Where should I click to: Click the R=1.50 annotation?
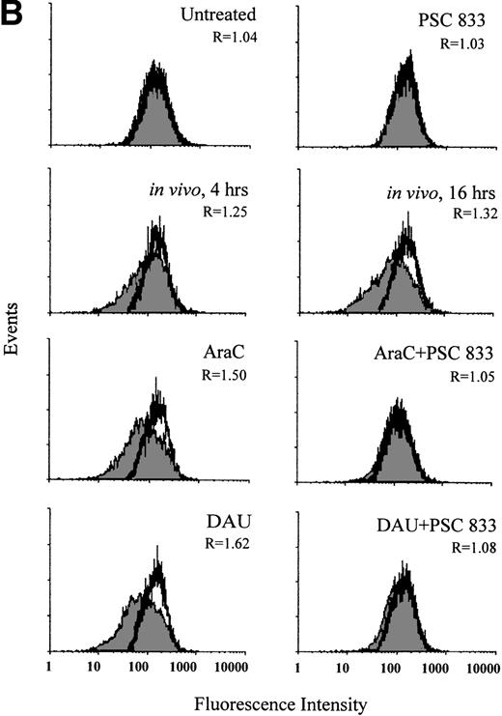click(x=224, y=373)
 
